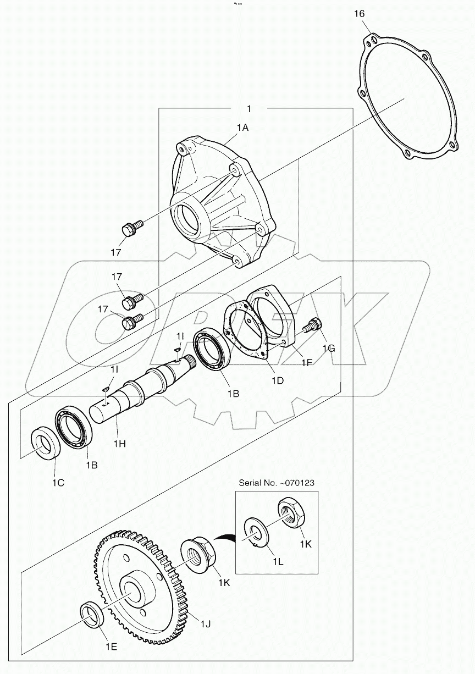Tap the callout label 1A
click(242, 128)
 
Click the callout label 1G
click(328, 348)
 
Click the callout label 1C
click(58, 483)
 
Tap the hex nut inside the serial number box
click(291, 513)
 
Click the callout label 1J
click(206, 623)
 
